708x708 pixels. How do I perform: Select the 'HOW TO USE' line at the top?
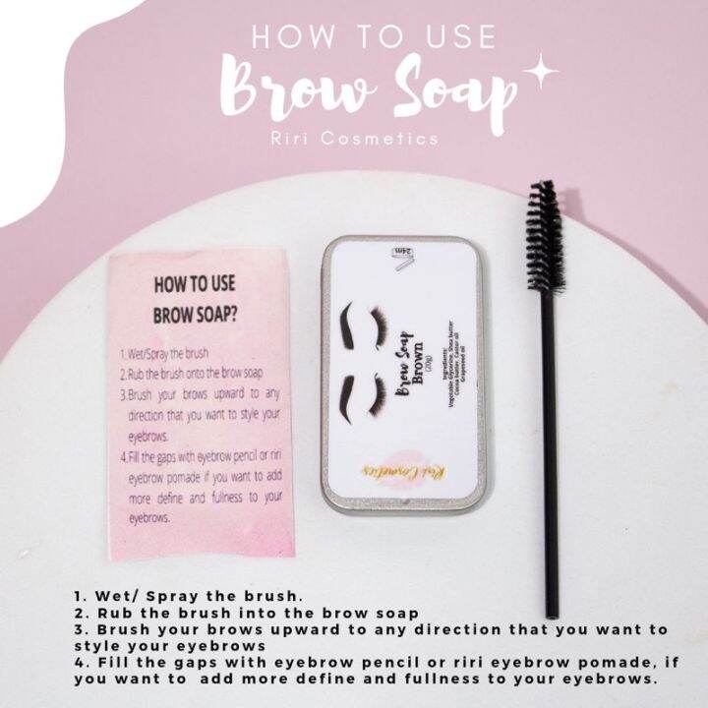pos(373,36)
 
